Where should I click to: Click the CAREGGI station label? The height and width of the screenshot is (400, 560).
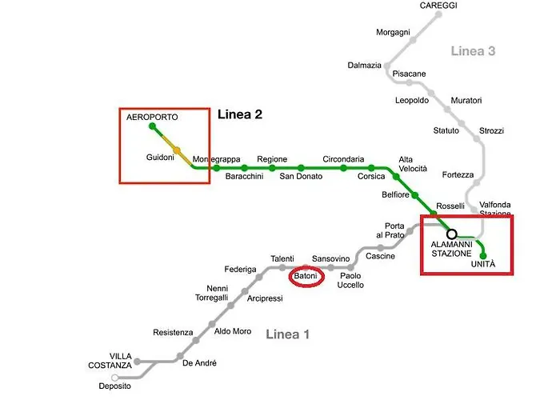point(438,6)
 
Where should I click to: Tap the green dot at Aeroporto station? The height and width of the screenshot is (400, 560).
point(153,126)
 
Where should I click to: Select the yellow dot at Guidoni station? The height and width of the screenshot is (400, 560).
point(177,150)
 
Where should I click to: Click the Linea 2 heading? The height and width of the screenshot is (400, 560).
point(240,114)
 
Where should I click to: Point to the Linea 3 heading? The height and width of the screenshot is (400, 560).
point(473,51)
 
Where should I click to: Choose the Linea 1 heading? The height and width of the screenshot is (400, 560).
point(287,334)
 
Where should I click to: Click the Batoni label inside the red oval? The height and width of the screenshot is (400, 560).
point(306,276)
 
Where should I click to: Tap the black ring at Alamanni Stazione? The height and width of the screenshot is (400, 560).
point(452,234)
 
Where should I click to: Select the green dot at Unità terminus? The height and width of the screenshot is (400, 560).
point(483,256)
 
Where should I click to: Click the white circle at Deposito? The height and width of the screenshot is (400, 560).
point(114,378)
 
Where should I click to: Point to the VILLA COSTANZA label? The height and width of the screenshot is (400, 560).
point(110,361)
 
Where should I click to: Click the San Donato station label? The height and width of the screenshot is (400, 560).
point(301,176)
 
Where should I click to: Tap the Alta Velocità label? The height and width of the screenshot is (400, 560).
point(413,164)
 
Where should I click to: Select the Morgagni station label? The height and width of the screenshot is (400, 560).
point(393,33)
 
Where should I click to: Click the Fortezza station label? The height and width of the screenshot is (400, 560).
point(458,174)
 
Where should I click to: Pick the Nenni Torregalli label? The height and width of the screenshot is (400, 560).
point(212,293)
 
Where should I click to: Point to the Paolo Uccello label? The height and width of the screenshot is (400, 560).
point(350,280)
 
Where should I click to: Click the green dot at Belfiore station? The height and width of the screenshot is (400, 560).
point(414,195)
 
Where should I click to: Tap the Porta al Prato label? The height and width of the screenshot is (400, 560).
point(390,230)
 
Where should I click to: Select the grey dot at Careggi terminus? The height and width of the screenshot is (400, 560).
point(438,14)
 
